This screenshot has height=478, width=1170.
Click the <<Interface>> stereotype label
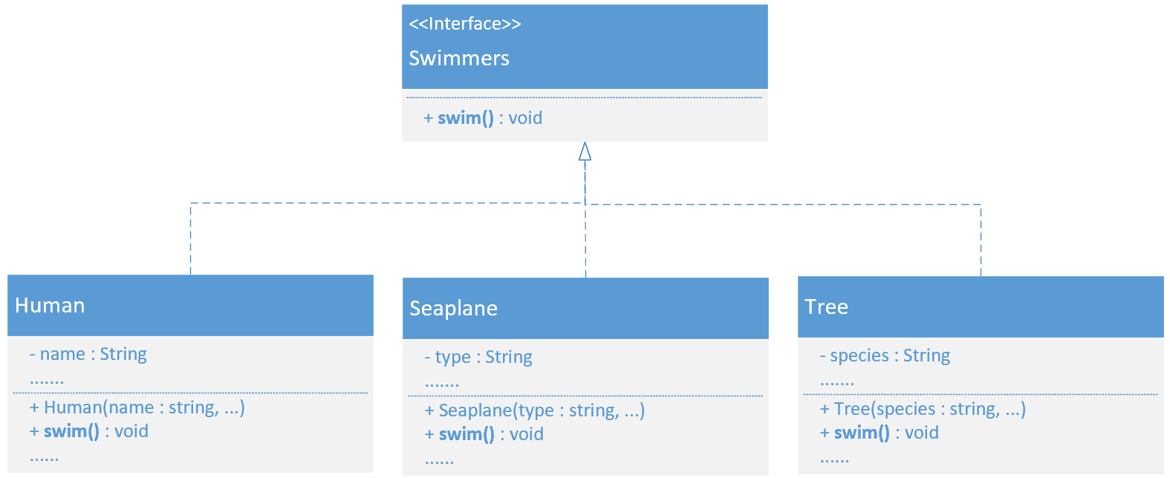(x=464, y=24)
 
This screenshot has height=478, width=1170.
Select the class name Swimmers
(x=458, y=58)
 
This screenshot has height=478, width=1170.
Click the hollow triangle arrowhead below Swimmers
(x=585, y=151)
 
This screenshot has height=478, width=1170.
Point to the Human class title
(x=50, y=305)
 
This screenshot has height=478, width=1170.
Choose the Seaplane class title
(x=453, y=309)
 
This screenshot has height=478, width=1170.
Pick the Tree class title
(x=826, y=307)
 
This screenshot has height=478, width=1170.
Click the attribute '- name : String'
(x=88, y=354)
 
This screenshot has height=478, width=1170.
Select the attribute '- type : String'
(x=478, y=357)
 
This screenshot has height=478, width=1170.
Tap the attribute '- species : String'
(x=885, y=356)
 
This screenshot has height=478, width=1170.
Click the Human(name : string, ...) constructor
(x=137, y=407)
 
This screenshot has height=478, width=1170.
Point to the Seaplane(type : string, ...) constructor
(x=534, y=410)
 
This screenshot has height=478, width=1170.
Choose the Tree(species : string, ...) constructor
(x=923, y=409)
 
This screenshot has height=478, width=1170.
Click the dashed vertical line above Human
(x=191, y=238)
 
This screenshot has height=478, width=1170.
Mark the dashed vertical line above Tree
(x=981, y=240)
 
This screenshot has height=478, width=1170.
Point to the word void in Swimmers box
(x=525, y=118)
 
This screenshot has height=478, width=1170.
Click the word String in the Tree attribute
(x=926, y=356)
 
